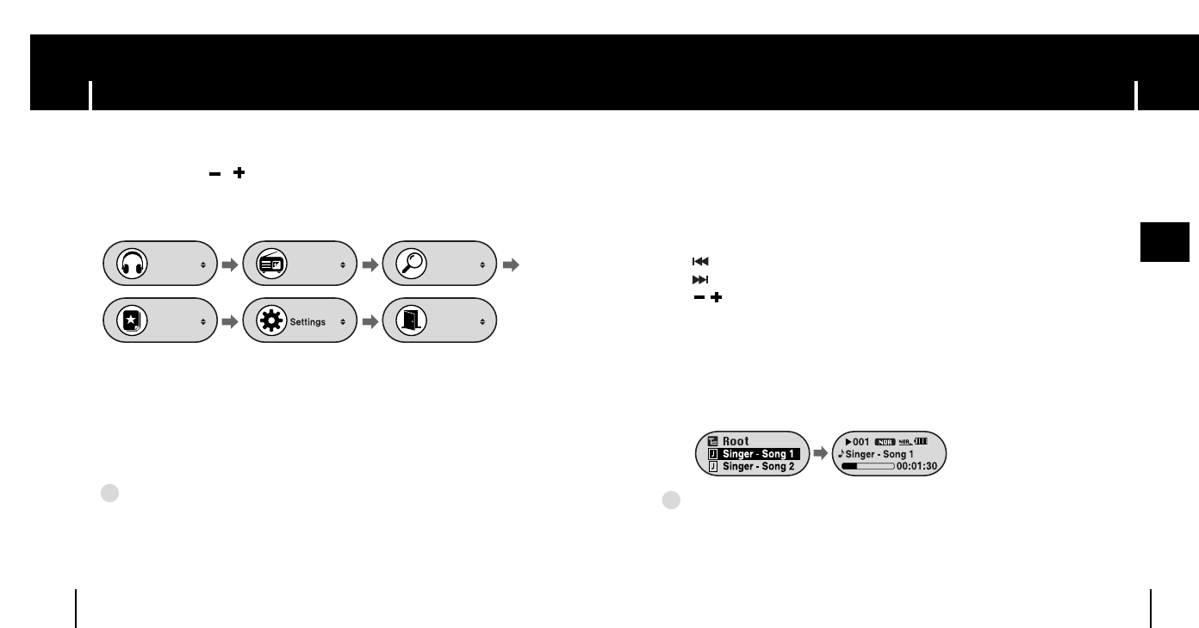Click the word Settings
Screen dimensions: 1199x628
(307, 321)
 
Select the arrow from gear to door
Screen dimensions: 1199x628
(369, 320)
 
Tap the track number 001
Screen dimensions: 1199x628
(860, 440)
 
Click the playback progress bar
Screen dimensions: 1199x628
(867, 466)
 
